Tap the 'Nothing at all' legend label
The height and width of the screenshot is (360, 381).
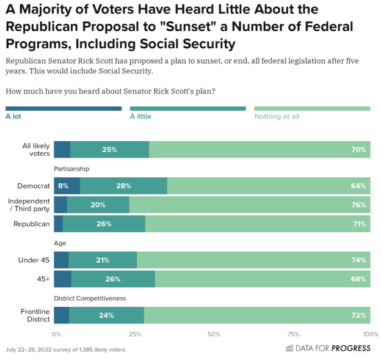click(277, 116)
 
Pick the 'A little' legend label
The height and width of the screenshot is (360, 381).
click(140, 116)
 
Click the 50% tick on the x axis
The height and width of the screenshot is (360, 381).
click(214, 334)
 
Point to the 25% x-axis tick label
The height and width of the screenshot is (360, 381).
click(135, 334)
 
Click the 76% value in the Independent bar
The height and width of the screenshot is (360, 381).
click(358, 205)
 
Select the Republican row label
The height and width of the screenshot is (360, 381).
click(32, 224)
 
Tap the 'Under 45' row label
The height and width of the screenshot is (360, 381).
click(34, 260)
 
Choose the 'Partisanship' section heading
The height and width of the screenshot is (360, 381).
click(72, 169)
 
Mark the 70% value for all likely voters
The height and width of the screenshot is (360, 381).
click(358, 150)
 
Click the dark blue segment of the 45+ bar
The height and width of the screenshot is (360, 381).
click(62, 279)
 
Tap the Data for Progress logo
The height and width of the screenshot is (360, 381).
click(328, 348)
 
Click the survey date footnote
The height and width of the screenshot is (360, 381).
click(65, 350)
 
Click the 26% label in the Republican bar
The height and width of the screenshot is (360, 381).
click(104, 224)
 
